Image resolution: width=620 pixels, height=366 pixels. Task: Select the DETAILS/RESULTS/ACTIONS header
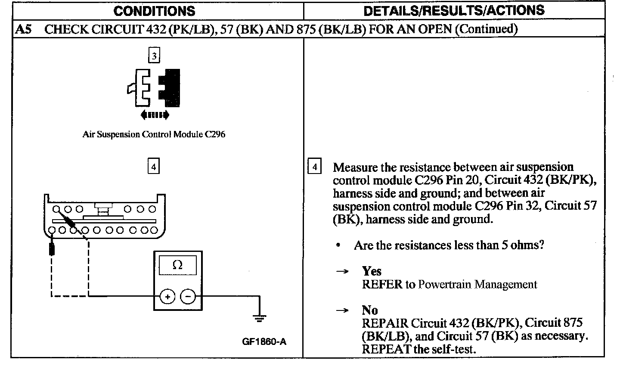click(x=454, y=11)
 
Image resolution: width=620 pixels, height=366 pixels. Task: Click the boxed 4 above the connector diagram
click(x=153, y=166)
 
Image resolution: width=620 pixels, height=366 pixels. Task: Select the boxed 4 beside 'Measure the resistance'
click(x=315, y=167)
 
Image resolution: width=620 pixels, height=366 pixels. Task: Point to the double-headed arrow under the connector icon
click(x=155, y=115)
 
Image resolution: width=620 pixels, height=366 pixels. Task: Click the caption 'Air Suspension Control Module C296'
click(x=154, y=134)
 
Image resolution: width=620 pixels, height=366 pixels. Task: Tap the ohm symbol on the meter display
click(x=177, y=266)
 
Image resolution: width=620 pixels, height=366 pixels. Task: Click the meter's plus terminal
click(x=167, y=296)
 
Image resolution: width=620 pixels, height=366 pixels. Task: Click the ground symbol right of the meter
click(x=259, y=319)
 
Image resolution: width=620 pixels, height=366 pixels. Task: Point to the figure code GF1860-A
click(x=264, y=342)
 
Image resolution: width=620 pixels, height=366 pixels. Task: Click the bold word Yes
click(x=372, y=271)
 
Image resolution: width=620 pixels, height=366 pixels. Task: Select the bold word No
click(x=370, y=310)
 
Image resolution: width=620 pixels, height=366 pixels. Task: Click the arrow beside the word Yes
click(x=342, y=272)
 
